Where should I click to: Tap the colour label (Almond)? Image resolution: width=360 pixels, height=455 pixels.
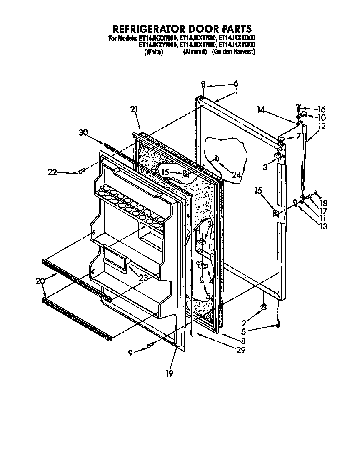[195, 52]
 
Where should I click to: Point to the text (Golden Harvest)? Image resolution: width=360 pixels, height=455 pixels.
[233, 52]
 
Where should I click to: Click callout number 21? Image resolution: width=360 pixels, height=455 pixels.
[133, 109]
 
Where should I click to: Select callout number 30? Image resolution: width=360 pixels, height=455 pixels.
[83, 133]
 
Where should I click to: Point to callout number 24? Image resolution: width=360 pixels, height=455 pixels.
[236, 175]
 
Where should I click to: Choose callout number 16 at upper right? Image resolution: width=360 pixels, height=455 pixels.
[321, 109]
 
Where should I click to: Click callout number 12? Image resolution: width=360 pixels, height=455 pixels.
[321, 126]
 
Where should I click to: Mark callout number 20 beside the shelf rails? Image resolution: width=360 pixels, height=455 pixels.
[40, 281]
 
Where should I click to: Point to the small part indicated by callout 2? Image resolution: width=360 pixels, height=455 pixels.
[264, 307]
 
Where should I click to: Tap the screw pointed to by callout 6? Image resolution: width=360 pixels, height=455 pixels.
[203, 83]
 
